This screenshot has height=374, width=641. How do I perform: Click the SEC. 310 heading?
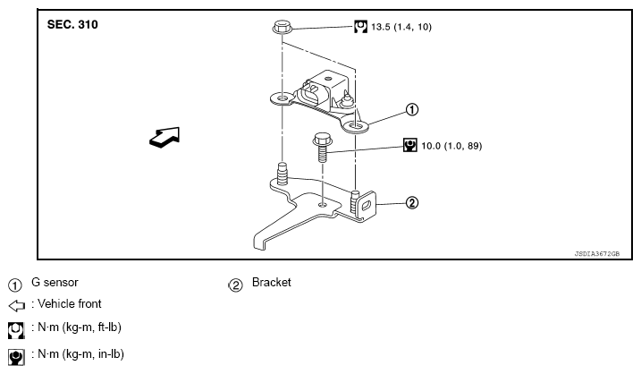coord(72,24)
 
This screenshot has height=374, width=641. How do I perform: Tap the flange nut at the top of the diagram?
coord(283,28)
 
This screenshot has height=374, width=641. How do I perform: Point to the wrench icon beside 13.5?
coord(360,27)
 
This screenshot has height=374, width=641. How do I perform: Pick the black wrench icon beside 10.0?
coord(410,145)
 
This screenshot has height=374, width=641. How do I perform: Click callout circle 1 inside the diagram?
coord(411,110)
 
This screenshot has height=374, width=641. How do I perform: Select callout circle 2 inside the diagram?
coord(411,202)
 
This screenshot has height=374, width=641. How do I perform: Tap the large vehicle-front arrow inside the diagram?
coord(164,137)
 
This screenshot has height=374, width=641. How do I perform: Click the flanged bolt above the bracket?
coord(323,148)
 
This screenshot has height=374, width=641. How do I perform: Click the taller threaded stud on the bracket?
coord(283,174)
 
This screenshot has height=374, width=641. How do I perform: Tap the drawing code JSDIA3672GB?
coord(597,254)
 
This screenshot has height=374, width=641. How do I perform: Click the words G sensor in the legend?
coord(55,283)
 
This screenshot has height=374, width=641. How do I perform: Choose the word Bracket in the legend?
coord(272,283)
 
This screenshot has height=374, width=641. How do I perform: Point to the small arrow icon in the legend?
coord(17,306)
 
